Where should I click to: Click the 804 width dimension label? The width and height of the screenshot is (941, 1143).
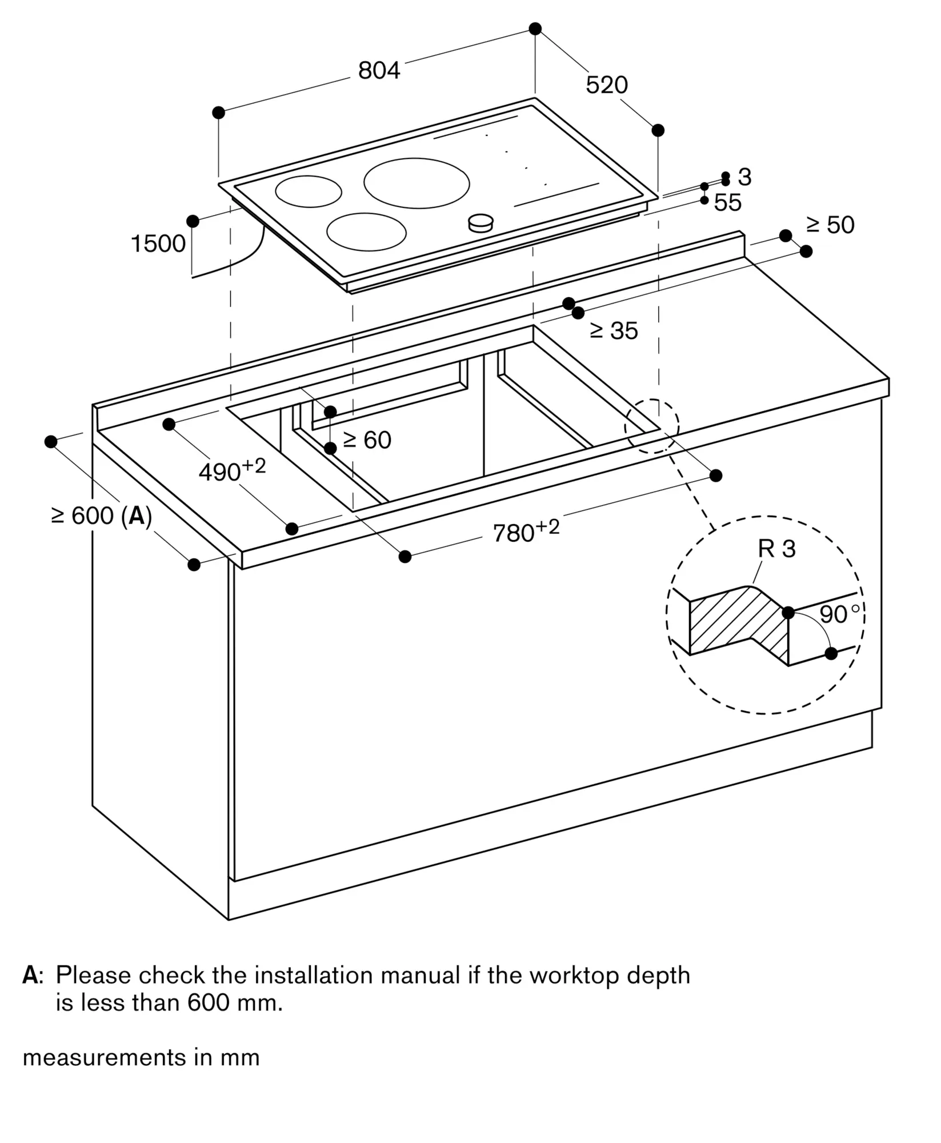pos(379,71)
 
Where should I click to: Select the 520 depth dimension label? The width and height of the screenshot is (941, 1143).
pos(606,85)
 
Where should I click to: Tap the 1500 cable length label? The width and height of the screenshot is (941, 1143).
pos(158,244)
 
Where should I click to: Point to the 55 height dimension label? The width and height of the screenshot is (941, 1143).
pos(727,203)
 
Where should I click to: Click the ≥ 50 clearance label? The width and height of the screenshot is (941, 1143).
pos(830,225)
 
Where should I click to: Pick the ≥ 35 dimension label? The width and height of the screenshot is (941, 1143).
pos(614,331)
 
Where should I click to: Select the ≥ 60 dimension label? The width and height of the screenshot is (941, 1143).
pos(367,440)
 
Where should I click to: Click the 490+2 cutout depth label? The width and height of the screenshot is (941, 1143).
pos(232,471)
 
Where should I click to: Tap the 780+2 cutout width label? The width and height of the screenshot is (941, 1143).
pos(526,531)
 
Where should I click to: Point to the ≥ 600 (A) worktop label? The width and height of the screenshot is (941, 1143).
pos(102,516)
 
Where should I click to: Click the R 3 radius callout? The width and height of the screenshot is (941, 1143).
pos(776,549)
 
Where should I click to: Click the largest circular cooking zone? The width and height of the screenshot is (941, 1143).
pos(417,183)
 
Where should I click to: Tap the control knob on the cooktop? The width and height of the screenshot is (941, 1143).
pos(480,223)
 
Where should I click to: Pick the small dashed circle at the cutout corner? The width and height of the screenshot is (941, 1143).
pos(651,426)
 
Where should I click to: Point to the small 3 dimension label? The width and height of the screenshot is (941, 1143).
pos(744,178)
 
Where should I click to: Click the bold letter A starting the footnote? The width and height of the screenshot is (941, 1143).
pos(30,976)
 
